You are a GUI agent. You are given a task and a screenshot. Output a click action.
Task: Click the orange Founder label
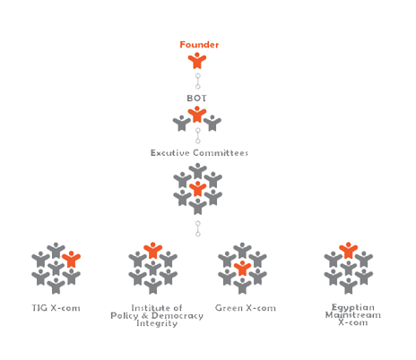[199, 45]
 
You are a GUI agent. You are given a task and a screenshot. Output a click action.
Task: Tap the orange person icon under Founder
[197, 61]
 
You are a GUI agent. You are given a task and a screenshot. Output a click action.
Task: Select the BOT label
[196, 99]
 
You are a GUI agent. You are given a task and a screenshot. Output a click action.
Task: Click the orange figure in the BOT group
[197, 115]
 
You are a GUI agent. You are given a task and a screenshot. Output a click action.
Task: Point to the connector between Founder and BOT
[197, 81]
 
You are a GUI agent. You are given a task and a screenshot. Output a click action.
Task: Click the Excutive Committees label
[199, 153]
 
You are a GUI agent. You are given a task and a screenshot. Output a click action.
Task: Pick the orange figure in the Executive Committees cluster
[197, 189]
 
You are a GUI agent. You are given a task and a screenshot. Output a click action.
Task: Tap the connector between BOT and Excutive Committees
[197, 135]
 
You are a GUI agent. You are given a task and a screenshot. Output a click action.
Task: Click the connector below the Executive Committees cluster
[197, 228]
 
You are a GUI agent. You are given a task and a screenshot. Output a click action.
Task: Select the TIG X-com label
[56, 308]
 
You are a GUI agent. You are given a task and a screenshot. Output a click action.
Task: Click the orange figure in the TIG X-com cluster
[71, 259]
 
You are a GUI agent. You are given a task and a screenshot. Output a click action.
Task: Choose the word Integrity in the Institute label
[157, 323]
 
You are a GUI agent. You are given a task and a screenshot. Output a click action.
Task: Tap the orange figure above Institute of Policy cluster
[152, 250]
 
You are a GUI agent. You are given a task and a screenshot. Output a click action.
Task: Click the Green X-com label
[246, 308]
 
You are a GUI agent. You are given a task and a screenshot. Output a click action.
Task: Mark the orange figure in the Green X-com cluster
[242, 268]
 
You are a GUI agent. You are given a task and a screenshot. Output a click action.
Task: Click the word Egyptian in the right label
[353, 307]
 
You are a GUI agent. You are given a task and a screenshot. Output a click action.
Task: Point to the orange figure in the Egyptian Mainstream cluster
[348, 250]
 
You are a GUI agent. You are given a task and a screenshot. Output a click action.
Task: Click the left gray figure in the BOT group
[181, 124]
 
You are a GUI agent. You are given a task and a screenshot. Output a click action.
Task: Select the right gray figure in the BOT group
[212, 123]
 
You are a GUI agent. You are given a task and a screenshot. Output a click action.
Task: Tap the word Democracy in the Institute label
[178, 316]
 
